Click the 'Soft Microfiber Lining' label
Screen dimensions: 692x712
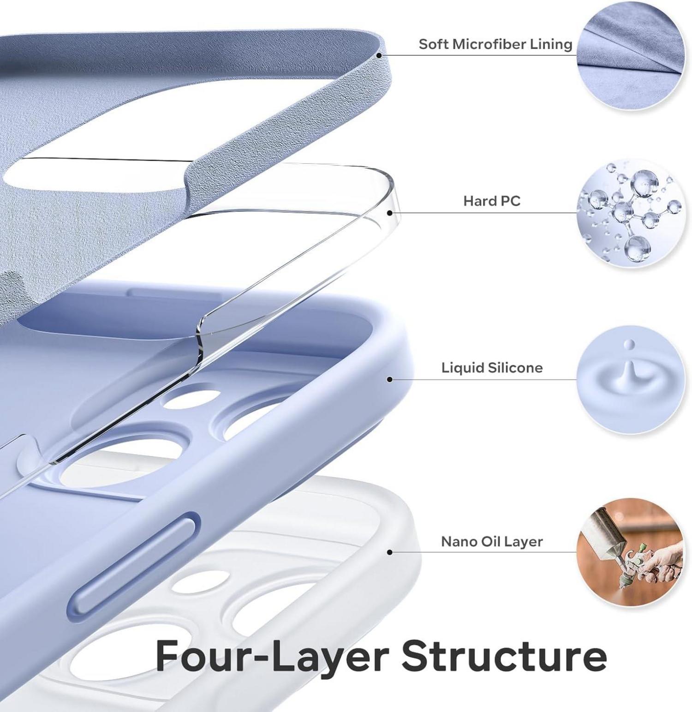tap(495, 44)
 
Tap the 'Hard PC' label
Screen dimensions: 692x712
tap(492, 201)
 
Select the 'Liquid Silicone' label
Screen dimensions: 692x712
tap(492, 368)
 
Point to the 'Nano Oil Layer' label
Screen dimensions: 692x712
tap(492, 541)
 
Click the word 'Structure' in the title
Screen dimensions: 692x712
tap(504, 656)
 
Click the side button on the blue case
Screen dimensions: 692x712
tap(134, 564)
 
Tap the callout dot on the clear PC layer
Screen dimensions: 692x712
tap(390, 213)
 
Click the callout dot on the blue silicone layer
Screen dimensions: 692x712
tap(390, 379)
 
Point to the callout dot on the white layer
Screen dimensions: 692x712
tap(390, 552)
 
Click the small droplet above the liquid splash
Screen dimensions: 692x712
tap(629, 344)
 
